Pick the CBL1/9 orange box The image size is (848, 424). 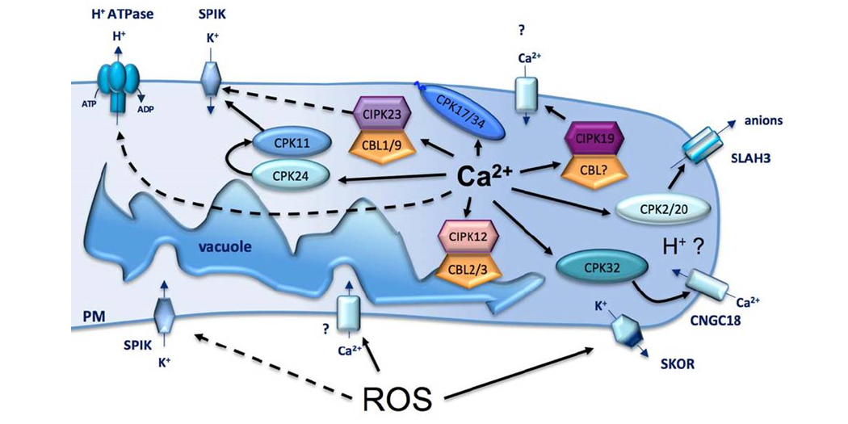click(385, 146)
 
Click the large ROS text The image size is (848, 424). click(397, 397)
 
